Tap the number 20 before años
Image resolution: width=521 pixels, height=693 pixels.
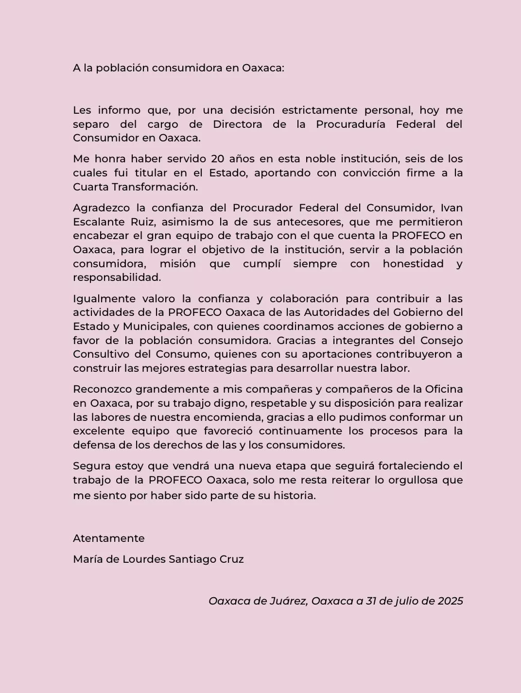click(217, 159)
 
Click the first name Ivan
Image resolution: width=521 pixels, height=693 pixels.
click(452, 208)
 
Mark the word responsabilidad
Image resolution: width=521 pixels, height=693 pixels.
click(117, 278)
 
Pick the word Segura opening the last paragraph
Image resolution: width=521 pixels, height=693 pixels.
click(91, 466)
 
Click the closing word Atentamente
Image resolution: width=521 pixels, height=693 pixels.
click(109, 538)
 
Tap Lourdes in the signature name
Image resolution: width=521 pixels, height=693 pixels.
click(144, 559)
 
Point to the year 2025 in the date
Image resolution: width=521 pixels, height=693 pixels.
click(450, 601)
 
